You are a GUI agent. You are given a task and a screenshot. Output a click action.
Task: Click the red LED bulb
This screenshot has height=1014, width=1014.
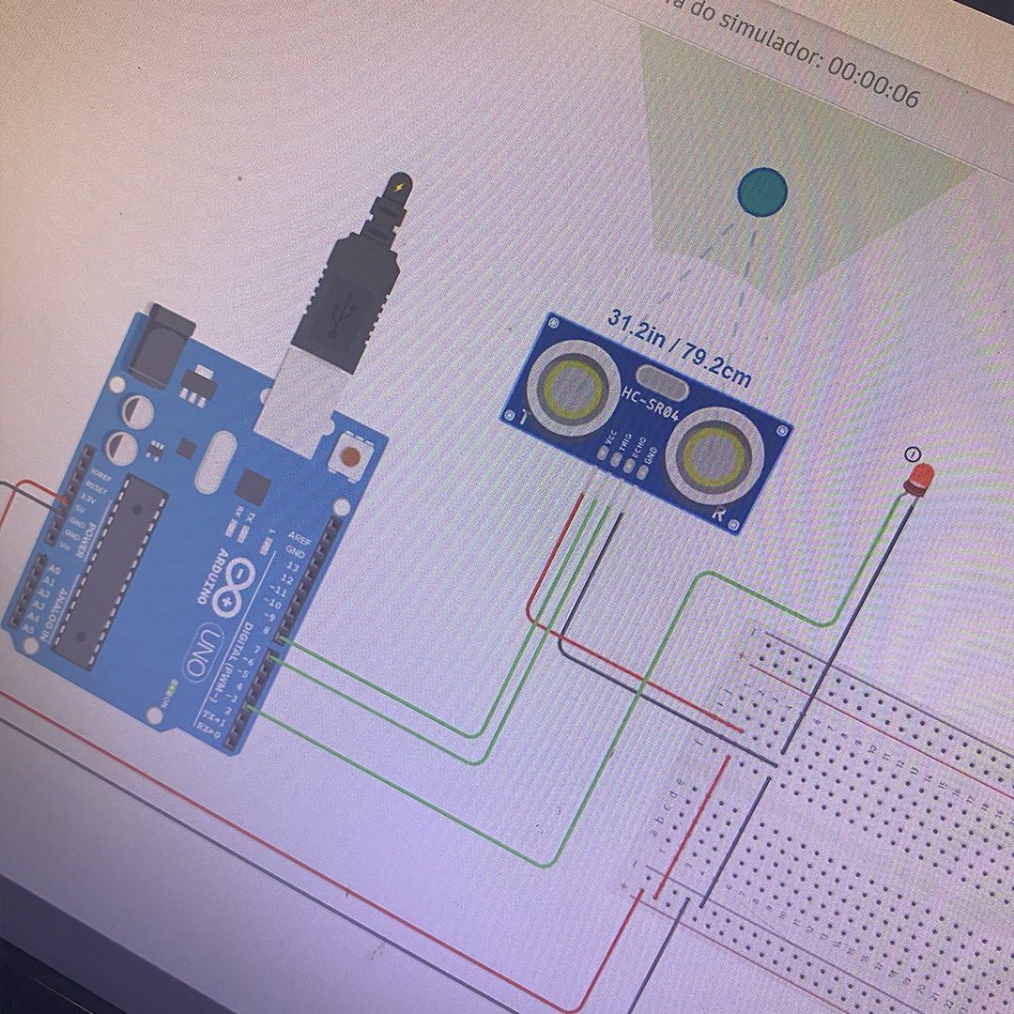pyautogui.click(x=919, y=478)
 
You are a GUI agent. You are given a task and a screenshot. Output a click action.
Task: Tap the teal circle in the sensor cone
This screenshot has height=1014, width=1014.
pyautogui.click(x=762, y=192)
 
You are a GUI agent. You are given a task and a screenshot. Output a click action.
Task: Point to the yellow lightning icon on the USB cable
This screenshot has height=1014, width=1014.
pyautogui.click(x=402, y=188)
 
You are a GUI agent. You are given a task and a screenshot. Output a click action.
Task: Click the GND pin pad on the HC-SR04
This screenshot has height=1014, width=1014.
pyautogui.click(x=642, y=471)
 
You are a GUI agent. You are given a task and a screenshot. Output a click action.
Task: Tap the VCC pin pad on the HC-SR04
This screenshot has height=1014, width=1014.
pyautogui.click(x=602, y=452)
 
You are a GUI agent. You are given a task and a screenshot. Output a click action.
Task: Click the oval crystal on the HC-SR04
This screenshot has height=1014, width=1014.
pyautogui.click(x=666, y=385)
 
